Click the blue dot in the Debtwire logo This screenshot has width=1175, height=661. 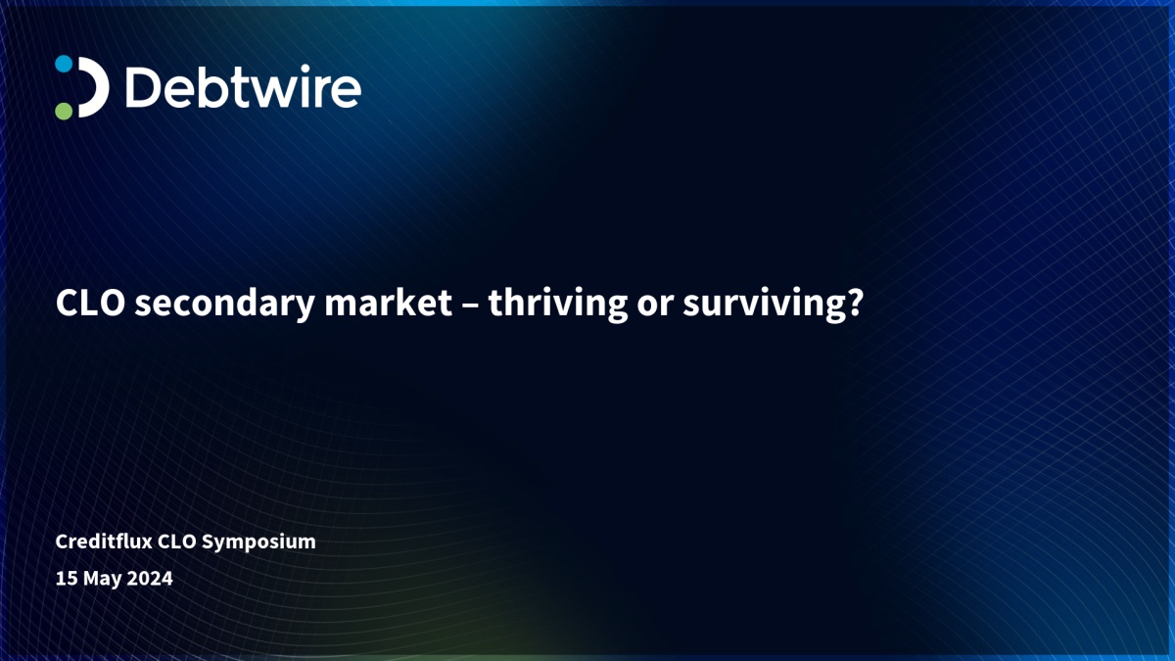click(x=64, y=64)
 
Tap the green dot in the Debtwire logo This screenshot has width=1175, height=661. click(x=64, y=111)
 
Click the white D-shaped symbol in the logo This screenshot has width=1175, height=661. click(x=94, y=87)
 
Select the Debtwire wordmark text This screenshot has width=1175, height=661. click(x=244, y=86)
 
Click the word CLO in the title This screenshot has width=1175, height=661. click(x=90, y=303)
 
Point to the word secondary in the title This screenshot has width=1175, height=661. click(x=224, y=305)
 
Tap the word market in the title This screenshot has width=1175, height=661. click(x=388, y=303)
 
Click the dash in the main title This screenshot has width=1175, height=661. click(x=470, y=305)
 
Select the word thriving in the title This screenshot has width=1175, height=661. click(x=557, y=305)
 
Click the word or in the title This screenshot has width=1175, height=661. click(x=655, y=307)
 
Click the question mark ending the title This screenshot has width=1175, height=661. click(x=855, y=303)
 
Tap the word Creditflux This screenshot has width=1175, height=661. click(x=104, y=542)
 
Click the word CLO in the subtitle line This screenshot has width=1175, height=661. click(x=177, y=542)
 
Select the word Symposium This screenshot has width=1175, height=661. click(x=258, y=543)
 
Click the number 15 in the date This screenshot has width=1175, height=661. click(x=67, y=579)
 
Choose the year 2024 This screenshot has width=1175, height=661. click(x=150, y=579)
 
